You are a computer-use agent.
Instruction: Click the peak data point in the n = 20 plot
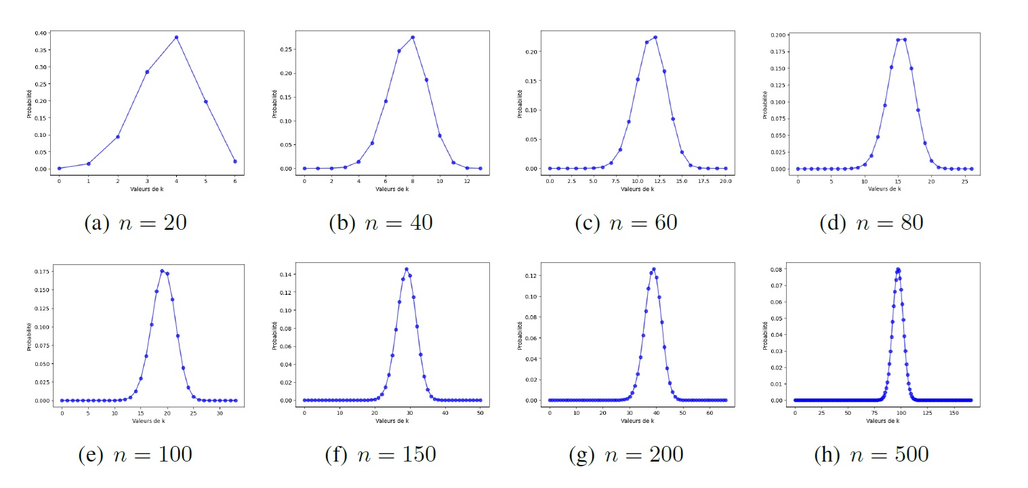176,37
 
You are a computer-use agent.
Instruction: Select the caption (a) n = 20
134,223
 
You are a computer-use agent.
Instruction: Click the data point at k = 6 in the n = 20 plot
234,161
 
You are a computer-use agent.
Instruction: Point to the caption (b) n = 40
380,223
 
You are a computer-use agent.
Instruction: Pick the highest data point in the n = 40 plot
413,37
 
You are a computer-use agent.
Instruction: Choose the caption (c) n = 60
625,223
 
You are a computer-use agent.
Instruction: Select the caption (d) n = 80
870,223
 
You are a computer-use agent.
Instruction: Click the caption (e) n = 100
134,454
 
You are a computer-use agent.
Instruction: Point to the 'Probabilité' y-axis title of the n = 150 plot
274,335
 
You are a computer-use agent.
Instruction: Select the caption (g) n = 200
625,454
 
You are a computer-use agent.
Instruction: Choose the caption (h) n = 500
870,454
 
